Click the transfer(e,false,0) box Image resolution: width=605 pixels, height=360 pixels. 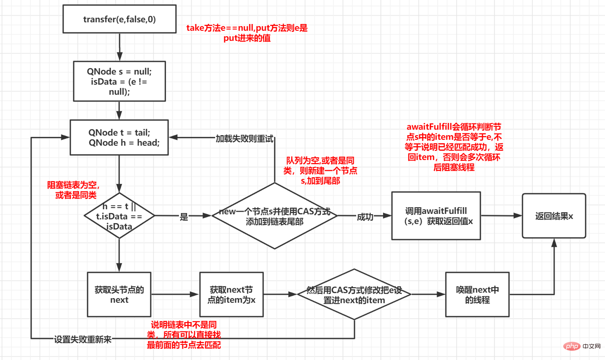[120, 19]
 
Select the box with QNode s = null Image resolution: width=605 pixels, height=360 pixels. [120, 81]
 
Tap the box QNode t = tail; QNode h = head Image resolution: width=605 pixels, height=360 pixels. [120, 138]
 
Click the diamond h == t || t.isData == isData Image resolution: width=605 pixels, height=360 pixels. [120, 216]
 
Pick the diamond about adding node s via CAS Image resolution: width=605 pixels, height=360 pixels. [275, 216]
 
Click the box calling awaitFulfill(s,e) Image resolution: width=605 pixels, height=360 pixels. [436, 216]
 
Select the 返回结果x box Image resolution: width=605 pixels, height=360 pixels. [554, 216]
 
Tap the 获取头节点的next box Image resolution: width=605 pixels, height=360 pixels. [119, 295]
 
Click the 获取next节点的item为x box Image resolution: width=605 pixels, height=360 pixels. [232, 295]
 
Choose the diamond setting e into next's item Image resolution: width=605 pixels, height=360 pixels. [354, 295]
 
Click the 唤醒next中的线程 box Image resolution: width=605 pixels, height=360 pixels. [477, 295]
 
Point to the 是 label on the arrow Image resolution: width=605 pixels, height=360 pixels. [184, 217]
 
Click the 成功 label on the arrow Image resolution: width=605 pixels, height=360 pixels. [365, 217]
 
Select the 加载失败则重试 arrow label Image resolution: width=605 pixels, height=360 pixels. [244, 139]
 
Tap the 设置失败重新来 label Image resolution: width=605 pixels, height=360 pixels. [83, 339]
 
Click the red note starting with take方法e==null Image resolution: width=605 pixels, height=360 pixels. [247, 33]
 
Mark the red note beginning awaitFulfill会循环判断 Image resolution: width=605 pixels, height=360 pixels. [454, 147]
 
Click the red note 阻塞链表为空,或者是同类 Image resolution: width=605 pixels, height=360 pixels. [74, 190]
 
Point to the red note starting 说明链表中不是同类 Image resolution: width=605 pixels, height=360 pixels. [184, 335]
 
